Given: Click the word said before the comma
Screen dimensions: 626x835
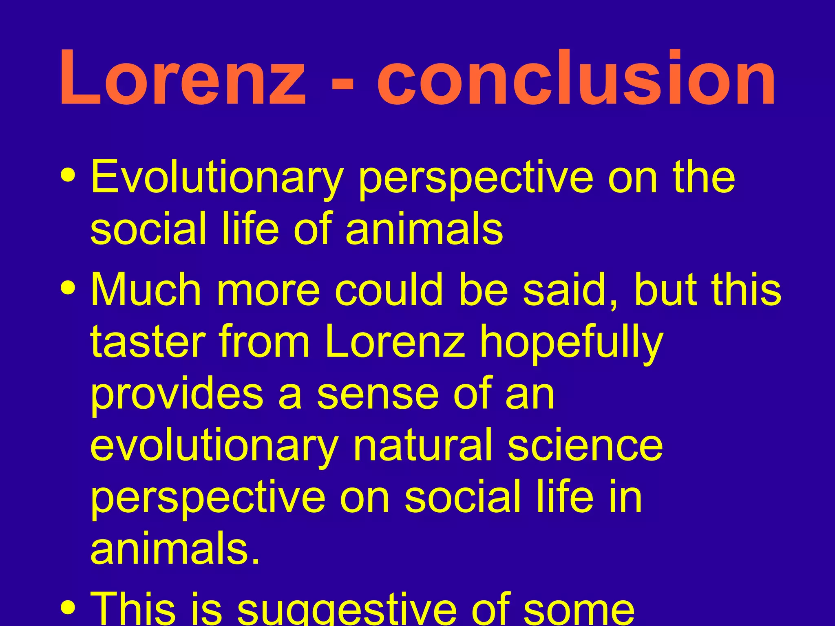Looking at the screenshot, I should (x=568, y=289).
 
